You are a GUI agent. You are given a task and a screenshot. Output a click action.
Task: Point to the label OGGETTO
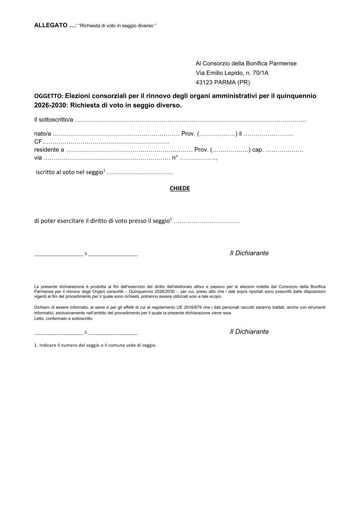[x=49, y=97]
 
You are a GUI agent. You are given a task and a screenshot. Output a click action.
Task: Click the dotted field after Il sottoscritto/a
[x=190, y=120]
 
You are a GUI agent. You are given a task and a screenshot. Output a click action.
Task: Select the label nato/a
[x=43, y=135]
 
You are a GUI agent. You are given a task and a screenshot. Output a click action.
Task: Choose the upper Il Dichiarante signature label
[x=249, y=253]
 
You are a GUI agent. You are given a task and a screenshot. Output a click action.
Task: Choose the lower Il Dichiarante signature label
[x=249, y=331]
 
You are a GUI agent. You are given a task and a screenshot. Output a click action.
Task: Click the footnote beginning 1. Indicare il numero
[x=95, y=345]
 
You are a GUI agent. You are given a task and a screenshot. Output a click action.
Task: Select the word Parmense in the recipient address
[x=283, y=63]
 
